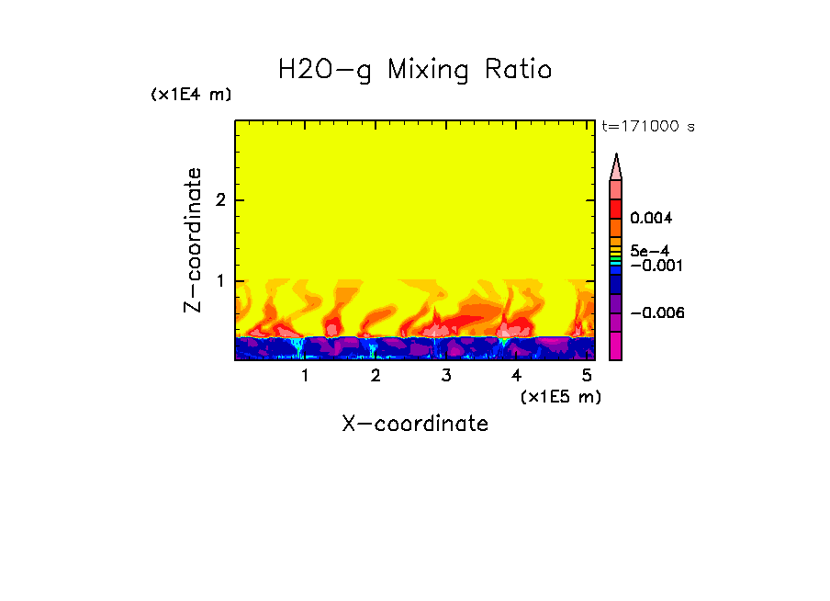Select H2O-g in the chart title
click(x=325, y=69)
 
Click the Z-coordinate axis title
click(x=193, y=240)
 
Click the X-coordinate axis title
click(x=415, y=424)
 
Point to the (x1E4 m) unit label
click(x=191, y=95)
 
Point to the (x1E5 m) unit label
click(x=560, y=396)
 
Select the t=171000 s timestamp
click(x=647, y=126)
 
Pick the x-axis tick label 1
click(x=305, y=376)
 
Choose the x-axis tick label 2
click(x=376, y=376)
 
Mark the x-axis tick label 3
click(x=446, y=376)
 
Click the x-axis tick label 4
click(x=516, y=376)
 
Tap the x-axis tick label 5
click(x=587, y=376)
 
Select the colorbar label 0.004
click(x=652, y=219)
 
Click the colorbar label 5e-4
click(x=649, y=250)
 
